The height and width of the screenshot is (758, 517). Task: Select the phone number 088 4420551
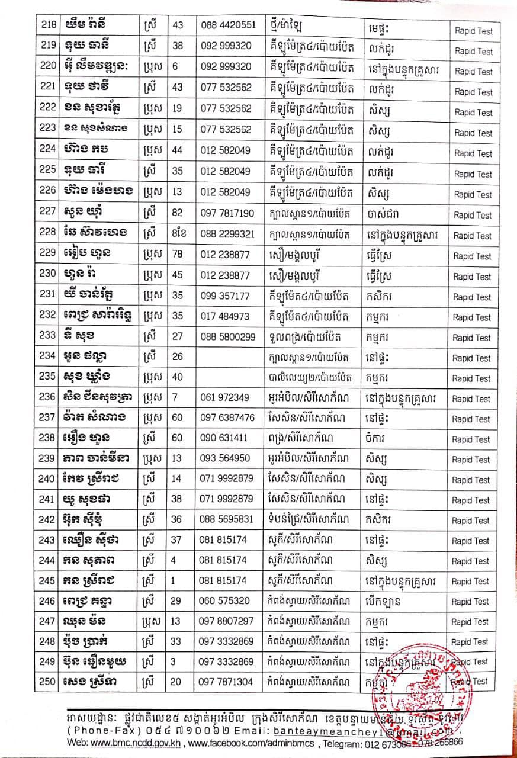pos(228,25)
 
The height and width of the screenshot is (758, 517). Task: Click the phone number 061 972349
pos(226,397)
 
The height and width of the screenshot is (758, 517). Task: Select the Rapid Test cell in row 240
pos(472,480)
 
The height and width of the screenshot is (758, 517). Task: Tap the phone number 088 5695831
pos(228,519)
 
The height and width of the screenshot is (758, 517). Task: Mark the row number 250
pos(47,682)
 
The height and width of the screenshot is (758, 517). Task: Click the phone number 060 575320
pos(226,600)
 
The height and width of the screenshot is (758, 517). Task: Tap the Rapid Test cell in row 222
pos(473,113)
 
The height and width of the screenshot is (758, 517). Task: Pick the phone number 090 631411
pos(226,438)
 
